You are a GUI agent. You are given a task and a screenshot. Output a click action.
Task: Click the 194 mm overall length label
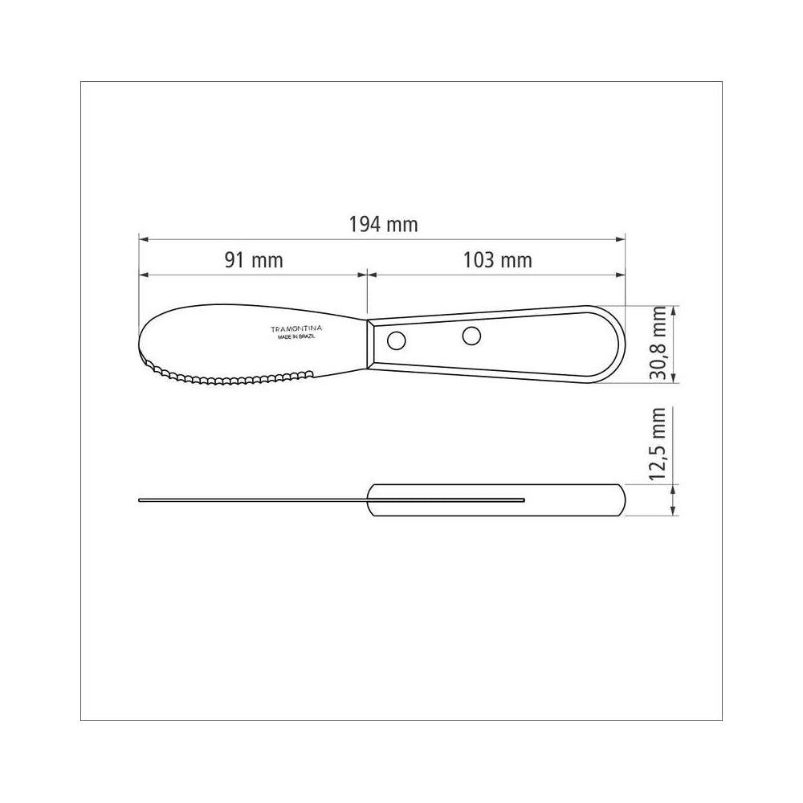point(383,225)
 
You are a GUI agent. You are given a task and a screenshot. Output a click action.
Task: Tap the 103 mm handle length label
point(497,260)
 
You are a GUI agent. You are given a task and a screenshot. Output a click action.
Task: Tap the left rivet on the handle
point(396,342)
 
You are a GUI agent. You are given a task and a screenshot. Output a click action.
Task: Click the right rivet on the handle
point(472,336)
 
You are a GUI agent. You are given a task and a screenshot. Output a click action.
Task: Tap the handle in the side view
point(498,499)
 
